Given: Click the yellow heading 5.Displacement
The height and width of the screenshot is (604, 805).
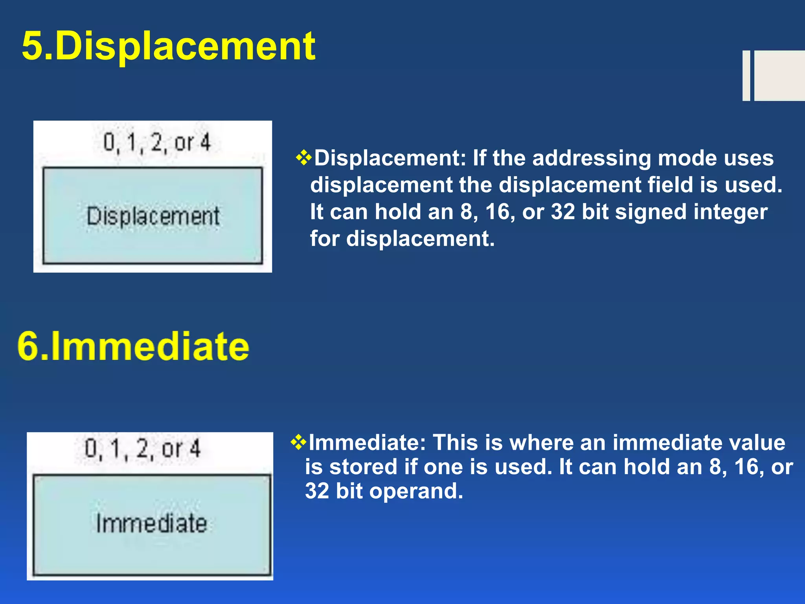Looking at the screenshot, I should coord(168,46).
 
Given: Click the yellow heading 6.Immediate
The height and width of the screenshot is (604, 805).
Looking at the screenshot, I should coord(134,346).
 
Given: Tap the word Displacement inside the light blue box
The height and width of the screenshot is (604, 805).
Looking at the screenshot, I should coord(153,216).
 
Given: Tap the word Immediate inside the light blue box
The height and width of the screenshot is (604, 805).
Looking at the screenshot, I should coord(152,523).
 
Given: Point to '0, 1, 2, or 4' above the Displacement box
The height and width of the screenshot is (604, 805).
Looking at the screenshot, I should coord(157,142).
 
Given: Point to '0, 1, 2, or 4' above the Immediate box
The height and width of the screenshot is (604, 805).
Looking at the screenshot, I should coord(143,448).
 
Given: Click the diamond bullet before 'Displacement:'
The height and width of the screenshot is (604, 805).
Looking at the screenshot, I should coord(304,158).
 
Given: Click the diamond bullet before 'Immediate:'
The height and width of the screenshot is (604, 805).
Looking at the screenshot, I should coord(298,442).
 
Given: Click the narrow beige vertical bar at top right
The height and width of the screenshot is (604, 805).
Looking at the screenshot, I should coord(746,75).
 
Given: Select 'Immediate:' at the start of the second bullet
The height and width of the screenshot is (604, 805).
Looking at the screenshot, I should coord(368,442).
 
